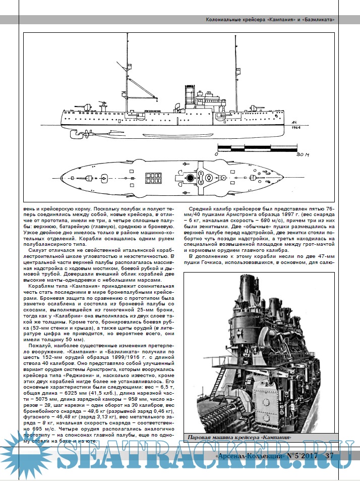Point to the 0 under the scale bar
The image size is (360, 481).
pyautogui.click(x=216, y=154)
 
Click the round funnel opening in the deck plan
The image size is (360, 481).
pyautogui.click(x=191, y=178)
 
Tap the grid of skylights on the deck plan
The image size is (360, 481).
pyautogui.click(x=152, y=178)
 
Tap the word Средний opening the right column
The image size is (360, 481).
pyautogui.click(x=201, y=209)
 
